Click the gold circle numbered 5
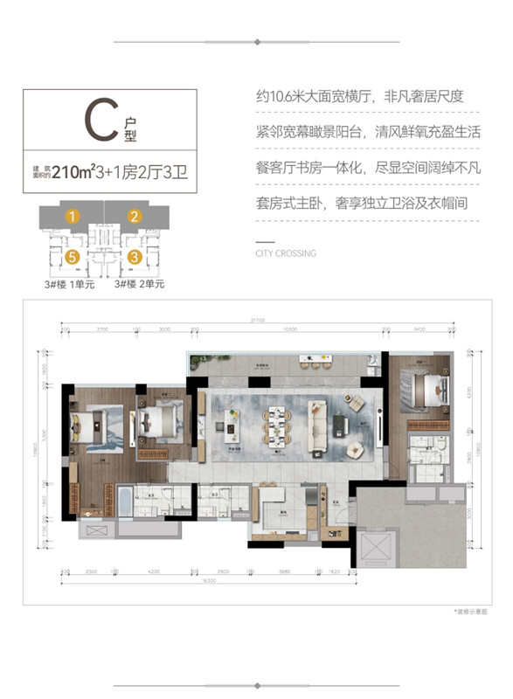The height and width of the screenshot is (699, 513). click(x=74, y=257)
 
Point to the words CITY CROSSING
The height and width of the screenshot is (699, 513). click(x=286, y=253)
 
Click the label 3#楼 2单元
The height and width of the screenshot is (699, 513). click(x=139, y=283)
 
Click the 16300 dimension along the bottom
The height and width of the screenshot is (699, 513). click(x=206, y=579)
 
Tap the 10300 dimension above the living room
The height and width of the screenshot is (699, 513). click(x=289, y=330)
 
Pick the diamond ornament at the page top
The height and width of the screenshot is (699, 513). click(x=256, y=42)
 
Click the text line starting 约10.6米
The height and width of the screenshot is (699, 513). click(x=365, y=99)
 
